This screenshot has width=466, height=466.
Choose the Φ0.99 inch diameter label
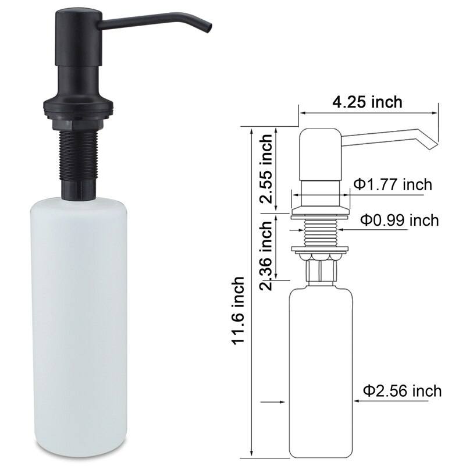pos(399,220)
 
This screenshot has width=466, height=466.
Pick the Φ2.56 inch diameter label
pos(402,390)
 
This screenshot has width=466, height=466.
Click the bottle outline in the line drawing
pos(320,372)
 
